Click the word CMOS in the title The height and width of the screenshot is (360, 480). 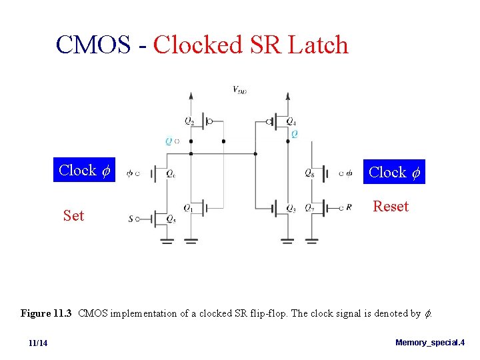pyautogui.click(x=93, y=45)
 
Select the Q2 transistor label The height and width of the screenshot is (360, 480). pyautogui.click(x=190, y=121)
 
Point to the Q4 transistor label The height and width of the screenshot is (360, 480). pyautogui.click(x=291, y=121)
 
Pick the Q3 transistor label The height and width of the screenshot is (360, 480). pyautogui.click(x=291, y=208)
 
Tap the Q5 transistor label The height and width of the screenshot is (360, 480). pyautogui.click(x=171, y=219)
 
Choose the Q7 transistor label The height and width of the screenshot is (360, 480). pyautogui.click(x=310, y=208)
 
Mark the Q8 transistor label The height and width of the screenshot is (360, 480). pyautogui.click(x=309, y=173)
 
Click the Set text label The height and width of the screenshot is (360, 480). pyautogui.click(x=73, y=215)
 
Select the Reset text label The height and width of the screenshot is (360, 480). pyautogui.click(x=391, y=207)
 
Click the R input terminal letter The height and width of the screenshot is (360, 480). pyautogui.click(x=349, y=207)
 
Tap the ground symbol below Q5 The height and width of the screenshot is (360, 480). pyautogui.click(x=167, y=241)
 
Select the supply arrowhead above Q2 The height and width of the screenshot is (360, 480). pyautogui.click(x=191, y=96)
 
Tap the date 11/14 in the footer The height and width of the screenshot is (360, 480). pyautogui.click(x=38, y=343)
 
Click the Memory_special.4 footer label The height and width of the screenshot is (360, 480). pyautogui.click(x=430, y=343)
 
